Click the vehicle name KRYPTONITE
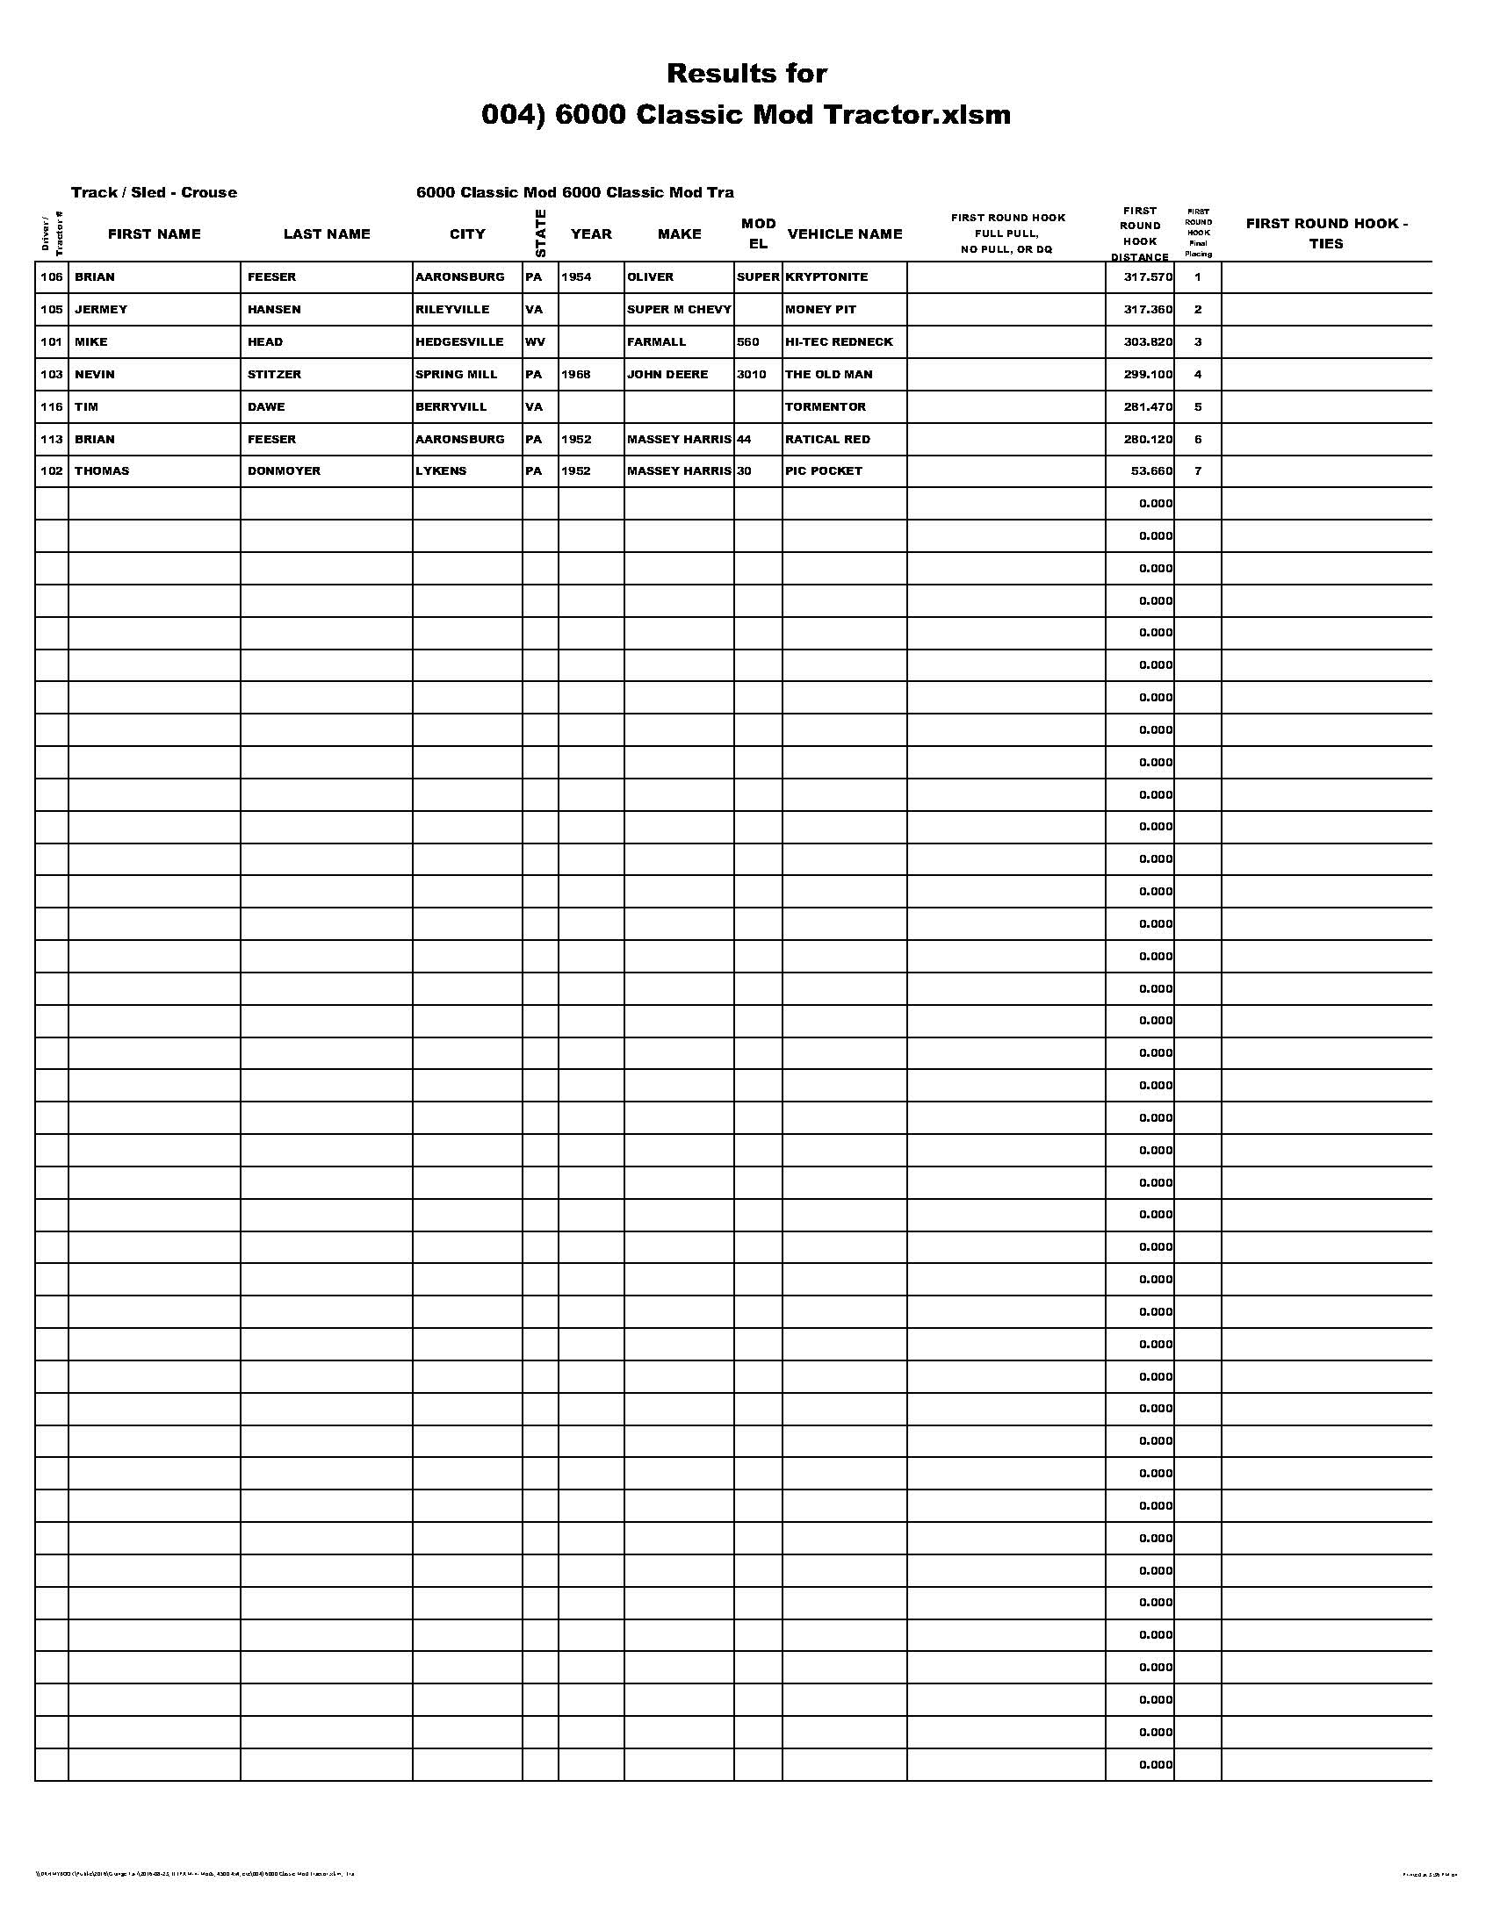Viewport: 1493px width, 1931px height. (x=826, y=276)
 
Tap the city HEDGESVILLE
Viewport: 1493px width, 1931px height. (x=459, y=342)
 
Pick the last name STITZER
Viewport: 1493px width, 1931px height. (x=274, y=375)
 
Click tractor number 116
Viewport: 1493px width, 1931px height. (x=51, y=406)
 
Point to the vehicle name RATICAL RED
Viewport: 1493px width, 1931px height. (x=827, y=440)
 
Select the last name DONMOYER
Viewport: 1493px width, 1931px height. (x=284, y=471)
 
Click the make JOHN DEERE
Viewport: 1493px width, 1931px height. (x=667, y=375)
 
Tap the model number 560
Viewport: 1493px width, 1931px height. (x=747, y=342)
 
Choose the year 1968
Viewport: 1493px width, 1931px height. (x=576, y=375)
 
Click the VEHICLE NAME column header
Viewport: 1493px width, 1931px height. (x=845, y=234)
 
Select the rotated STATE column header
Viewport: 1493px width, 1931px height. (x=540, y=233)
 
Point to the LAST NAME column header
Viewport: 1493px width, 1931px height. (x=327, y=234)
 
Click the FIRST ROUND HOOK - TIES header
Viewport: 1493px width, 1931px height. (x=1326, y=233)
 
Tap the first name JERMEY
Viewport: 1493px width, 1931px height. (x=101, y=310)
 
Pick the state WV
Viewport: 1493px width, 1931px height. (x=534, y=342)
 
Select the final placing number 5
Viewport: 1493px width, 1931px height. (x=1198, y=406)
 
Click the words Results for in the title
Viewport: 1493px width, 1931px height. (x=746, y=74)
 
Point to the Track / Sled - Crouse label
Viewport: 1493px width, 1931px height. (x=154, y=193)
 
